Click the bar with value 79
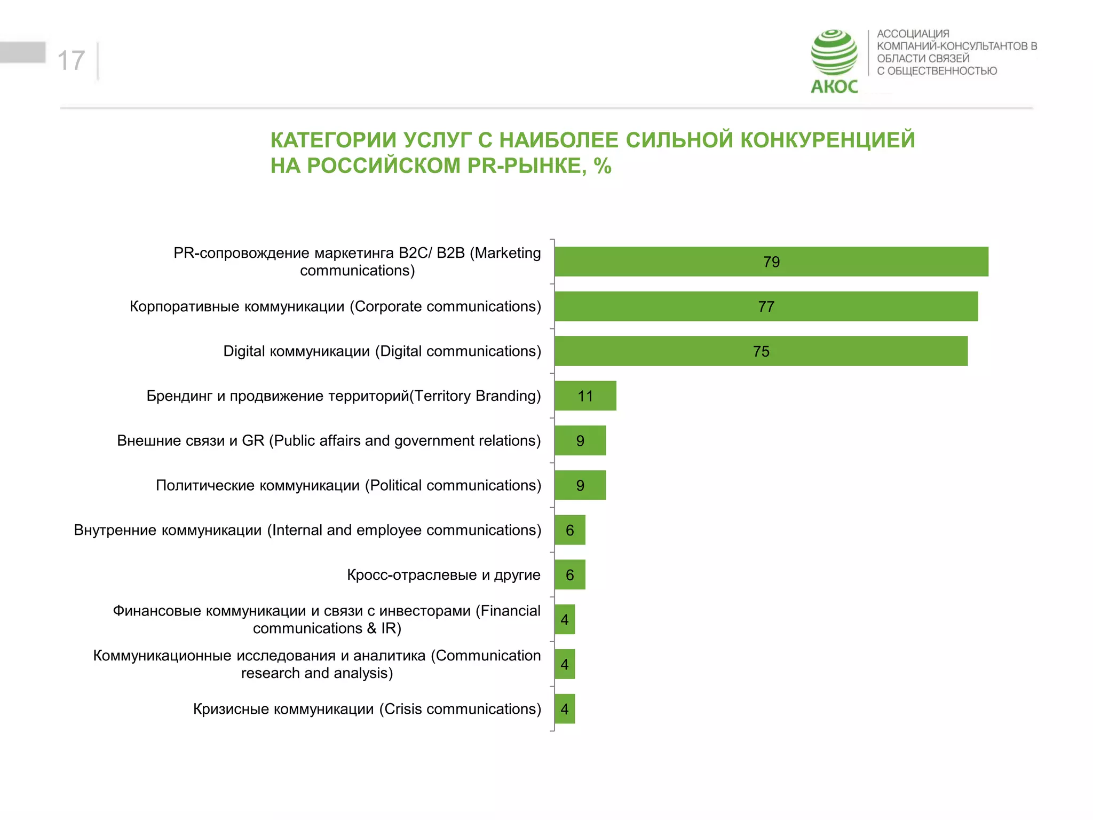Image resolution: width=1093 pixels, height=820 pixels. point(771,262)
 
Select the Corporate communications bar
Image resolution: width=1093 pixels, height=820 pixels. point(766,306)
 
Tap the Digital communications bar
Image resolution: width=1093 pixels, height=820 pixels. point(761,351)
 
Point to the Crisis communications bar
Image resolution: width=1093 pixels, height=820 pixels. point(565,709)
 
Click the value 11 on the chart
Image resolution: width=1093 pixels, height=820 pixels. point(585,396)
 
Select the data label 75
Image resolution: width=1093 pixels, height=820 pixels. point(761,351)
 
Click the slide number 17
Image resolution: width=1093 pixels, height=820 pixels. point(71,60)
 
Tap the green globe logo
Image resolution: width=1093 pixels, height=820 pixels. point(834,52)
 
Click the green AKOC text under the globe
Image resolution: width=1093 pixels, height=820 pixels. point(834,86)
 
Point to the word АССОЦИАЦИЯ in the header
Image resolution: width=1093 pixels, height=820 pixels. point(913,34)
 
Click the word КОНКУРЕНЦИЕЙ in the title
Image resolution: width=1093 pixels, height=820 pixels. point(828,140)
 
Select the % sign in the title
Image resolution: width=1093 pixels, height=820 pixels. point(603,166)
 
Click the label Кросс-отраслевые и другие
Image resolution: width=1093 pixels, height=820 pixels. point(443,575)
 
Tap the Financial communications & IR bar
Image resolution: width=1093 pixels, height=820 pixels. point(565,619)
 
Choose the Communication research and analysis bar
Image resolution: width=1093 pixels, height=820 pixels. point(565,664)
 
